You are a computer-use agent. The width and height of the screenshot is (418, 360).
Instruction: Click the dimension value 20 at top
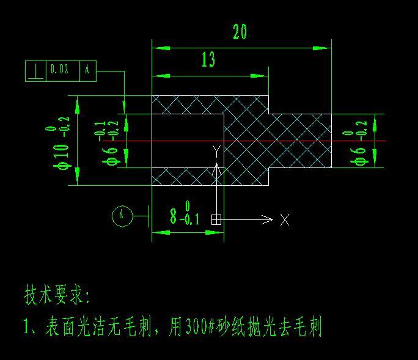pos(240,32)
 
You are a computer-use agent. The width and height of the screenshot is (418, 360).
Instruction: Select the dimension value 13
pos(208,59)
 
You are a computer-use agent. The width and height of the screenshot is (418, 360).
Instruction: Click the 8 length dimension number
pos(174,216)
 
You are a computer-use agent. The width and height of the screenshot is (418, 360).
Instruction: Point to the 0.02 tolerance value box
pos(59,70)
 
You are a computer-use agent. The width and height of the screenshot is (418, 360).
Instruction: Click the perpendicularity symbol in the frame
pos(35,71)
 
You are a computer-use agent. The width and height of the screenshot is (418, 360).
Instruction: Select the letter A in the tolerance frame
pos(87,70)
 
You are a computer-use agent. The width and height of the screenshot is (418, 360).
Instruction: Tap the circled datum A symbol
pos(122,215)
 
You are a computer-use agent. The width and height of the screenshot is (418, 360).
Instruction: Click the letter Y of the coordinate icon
pos(216,150)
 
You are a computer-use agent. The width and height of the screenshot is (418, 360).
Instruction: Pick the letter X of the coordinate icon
pos(285,220)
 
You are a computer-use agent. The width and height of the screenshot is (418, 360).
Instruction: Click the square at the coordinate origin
pos(216,219)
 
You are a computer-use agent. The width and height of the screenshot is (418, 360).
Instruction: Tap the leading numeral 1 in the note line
pos(27,327)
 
